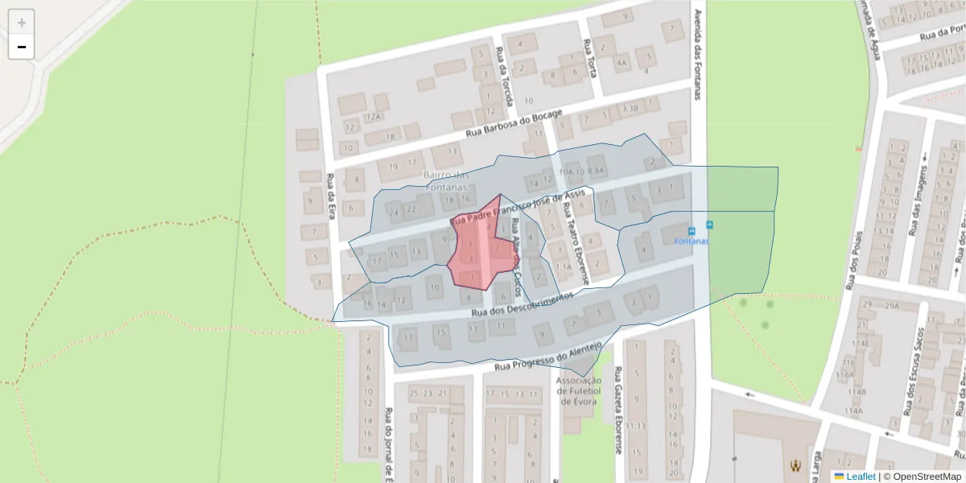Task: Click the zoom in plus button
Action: [x=22, y=23]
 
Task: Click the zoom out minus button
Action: [x=22, y=47]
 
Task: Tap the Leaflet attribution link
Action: [x=861, y=477]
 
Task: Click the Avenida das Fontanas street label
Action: [x=697, y=55]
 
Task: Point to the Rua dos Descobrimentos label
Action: [x=522, y=303]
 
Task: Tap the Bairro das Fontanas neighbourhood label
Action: [x=446, y=181]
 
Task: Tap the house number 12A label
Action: [x=372, y=118]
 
